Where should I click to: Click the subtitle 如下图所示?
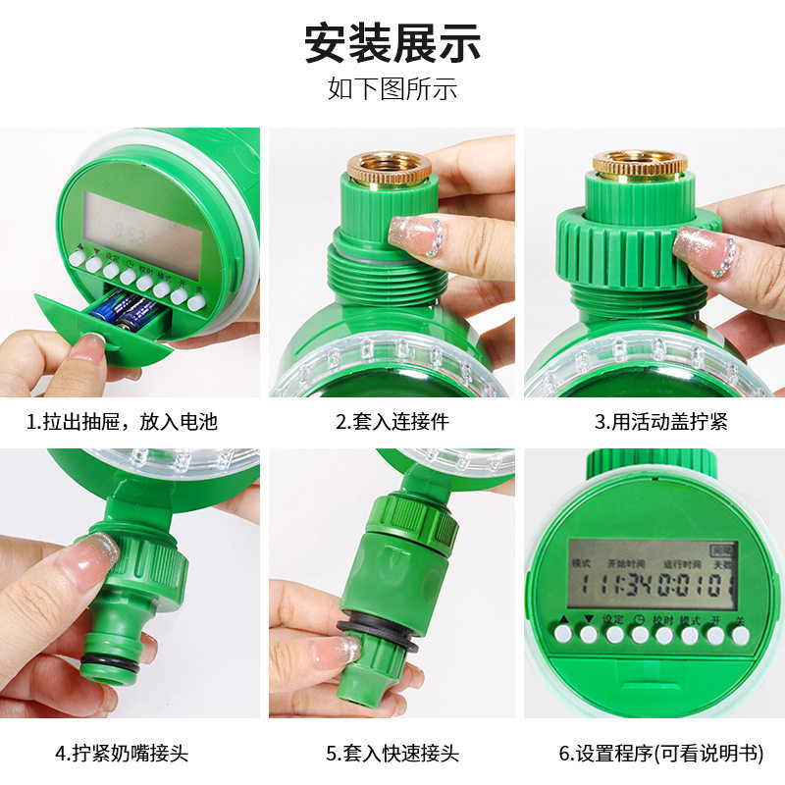[392, 89]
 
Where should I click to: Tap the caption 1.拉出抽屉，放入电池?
[122, 423]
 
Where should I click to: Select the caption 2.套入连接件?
[392, 423]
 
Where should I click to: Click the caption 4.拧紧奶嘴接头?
[122, 754]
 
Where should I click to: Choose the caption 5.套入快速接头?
[392, 754]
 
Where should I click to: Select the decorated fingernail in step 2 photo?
[418, 235]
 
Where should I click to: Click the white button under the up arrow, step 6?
[562, 635]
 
